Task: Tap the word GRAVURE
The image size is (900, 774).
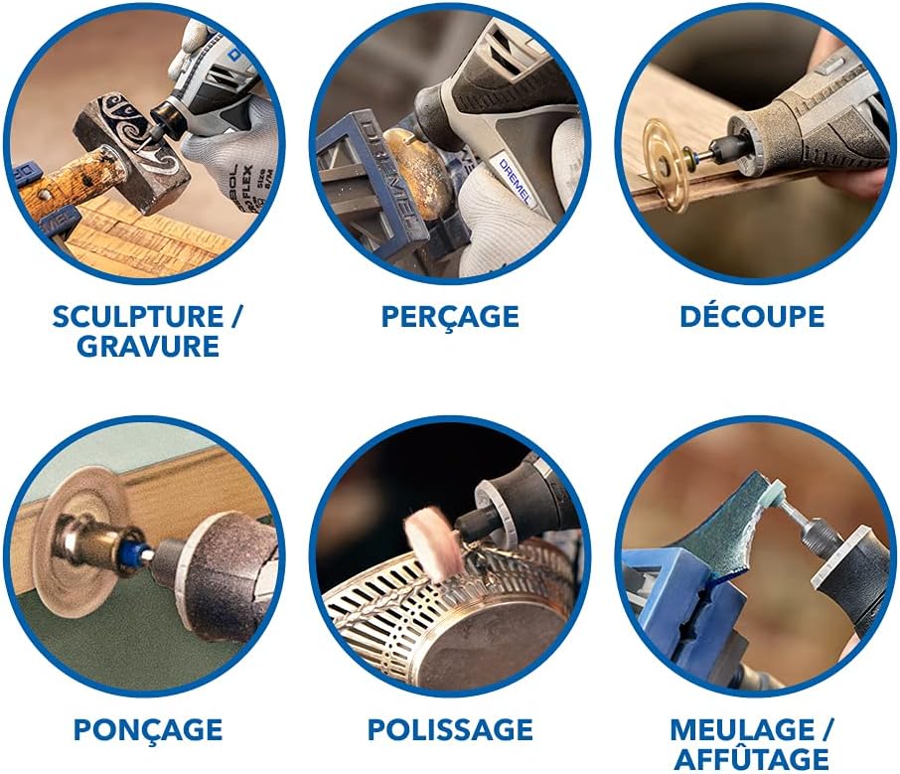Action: point(148,347)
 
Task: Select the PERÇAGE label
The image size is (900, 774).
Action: point(450,317)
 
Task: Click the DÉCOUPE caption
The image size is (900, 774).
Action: point(752,317)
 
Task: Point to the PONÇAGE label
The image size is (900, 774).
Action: point(147,730)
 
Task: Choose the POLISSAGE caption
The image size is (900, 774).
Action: point(450,730)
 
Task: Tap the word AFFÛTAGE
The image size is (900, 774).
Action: point(752,760)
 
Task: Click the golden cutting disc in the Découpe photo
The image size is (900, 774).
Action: point(667,164)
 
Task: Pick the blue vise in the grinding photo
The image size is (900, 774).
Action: point(675,606)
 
